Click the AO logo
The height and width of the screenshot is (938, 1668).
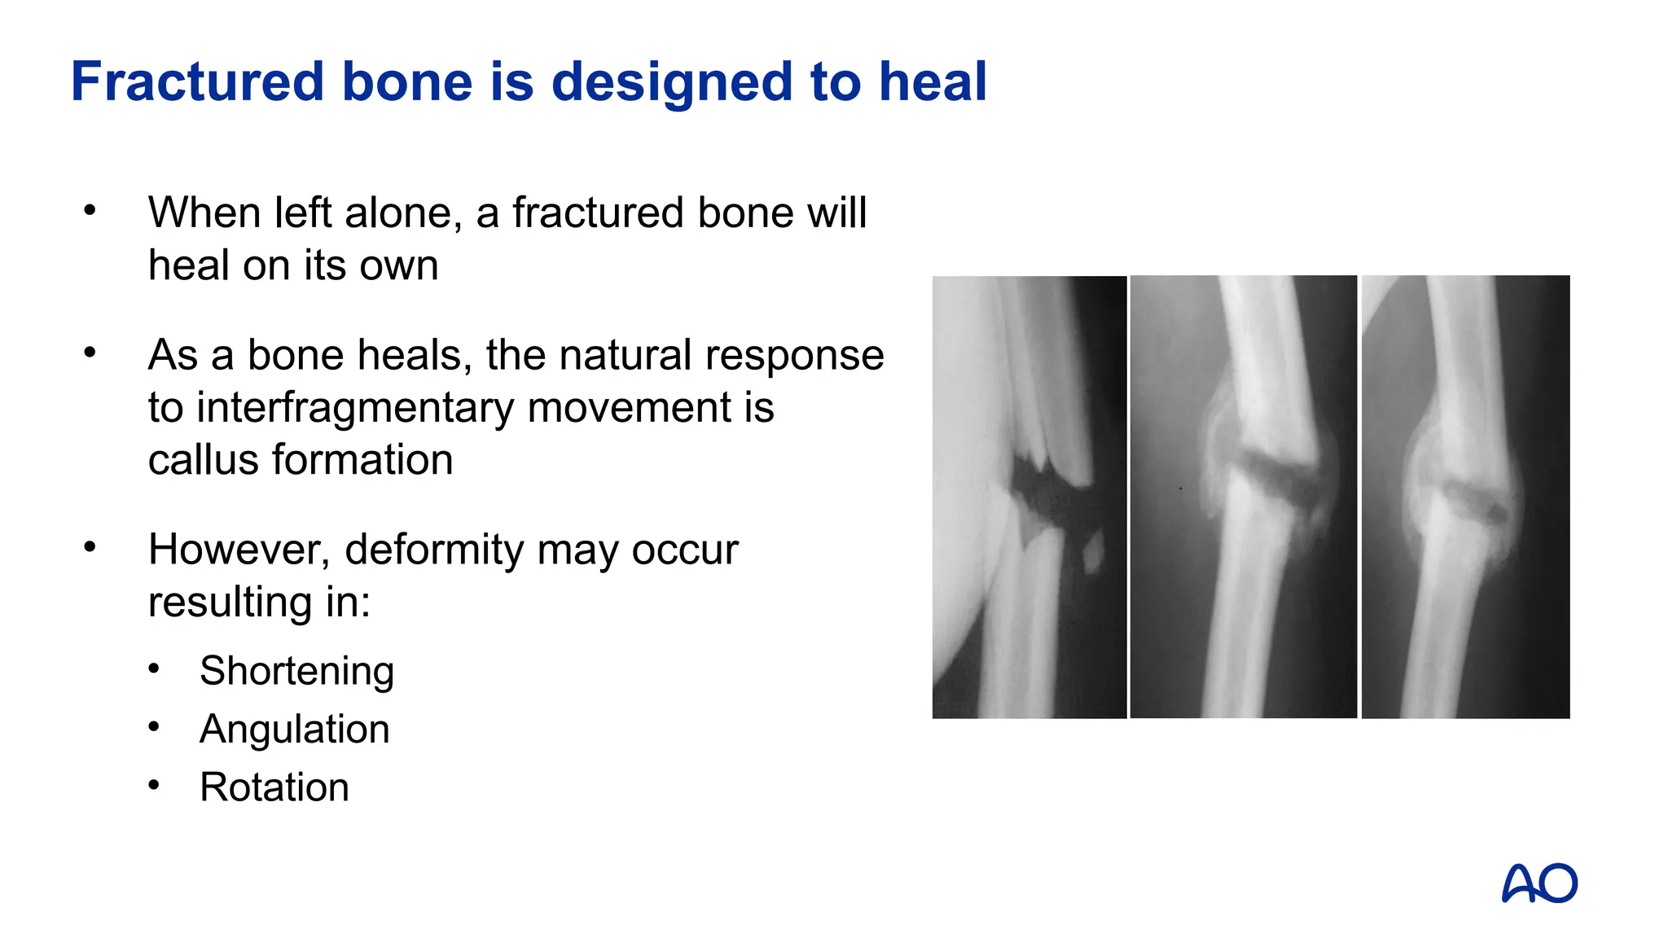click(1539, 883)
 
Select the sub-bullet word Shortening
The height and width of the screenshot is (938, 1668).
click(296, 672)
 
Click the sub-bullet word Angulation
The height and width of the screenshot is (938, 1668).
click(294, 730)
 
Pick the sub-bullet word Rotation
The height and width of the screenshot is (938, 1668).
click(274, 787)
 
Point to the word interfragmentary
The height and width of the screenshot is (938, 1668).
click(356, 408)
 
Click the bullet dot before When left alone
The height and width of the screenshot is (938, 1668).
click(90, 211)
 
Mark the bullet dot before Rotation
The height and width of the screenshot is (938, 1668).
click(154, 786)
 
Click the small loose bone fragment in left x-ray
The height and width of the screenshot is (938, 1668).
click(1092, 551)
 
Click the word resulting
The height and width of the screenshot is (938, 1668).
click(228, 603)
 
